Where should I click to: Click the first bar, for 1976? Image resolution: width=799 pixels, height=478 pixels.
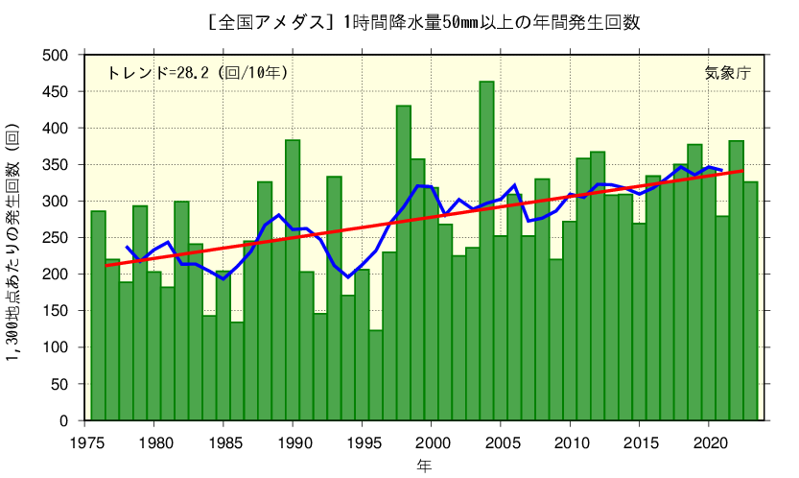point(98,316)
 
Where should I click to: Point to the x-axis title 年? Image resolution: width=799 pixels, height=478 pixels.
point(423,466)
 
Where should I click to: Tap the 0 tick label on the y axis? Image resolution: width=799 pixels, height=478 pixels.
point(64,420)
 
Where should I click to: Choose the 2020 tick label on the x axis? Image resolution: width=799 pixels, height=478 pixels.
point(708,442)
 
